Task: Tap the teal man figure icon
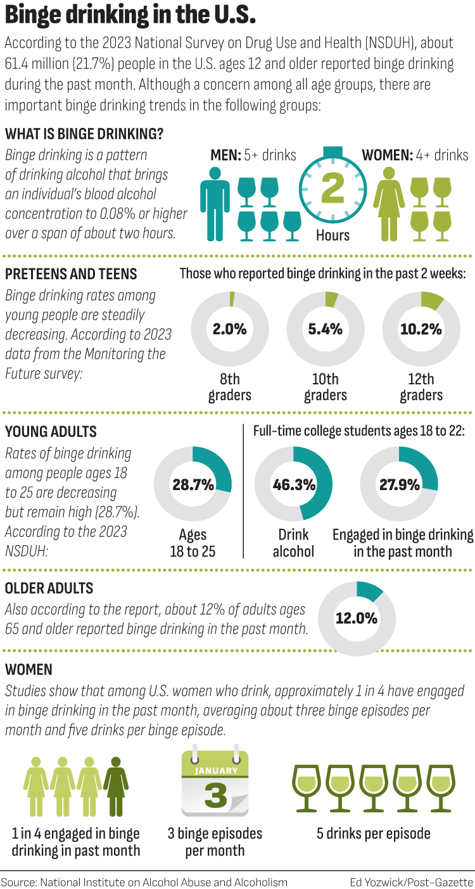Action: click(215, 203)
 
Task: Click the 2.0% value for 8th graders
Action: click(229, 329)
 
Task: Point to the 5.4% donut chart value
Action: click(326, 329)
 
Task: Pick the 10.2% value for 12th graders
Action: click(421, 329)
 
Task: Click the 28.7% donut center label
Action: click(193, 485)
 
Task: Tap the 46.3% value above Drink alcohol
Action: click(293, 485)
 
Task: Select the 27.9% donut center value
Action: click(399, 485)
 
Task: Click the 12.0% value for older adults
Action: click(357, 617)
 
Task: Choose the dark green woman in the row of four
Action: click(116, 785)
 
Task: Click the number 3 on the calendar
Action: click(215, 795)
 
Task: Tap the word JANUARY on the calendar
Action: click(215, 771)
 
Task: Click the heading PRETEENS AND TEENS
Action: click(71, 274)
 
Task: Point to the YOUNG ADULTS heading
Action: click(51, 432)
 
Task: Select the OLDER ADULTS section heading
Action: click(49, 588)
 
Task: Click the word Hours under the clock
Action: click(332, 236)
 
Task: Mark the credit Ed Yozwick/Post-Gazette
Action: click(411, 881)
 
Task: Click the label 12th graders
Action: click(421, 387)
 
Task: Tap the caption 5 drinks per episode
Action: click(374, 833)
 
